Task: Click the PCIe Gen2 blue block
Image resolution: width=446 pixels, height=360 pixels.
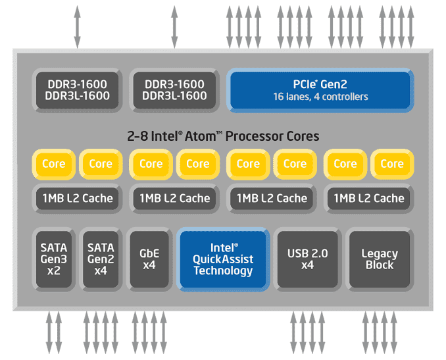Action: coord(320,90)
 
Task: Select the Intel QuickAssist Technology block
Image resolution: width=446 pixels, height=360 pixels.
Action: coord(223,259)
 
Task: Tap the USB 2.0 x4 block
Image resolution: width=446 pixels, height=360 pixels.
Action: coord(307,259)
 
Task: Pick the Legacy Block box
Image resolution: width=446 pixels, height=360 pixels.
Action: coord(379,259)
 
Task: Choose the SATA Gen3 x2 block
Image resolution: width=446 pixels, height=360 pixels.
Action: coord(54,259)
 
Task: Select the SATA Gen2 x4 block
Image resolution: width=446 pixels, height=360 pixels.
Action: coord(101,259)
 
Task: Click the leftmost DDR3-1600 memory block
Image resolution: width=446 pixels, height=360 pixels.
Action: coord(78,90)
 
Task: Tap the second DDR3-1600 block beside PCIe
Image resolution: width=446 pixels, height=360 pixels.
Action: coord(174,90)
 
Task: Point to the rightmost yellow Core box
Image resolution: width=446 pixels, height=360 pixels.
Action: coord(392,164)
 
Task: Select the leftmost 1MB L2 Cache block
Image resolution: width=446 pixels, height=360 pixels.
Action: coord(78,198)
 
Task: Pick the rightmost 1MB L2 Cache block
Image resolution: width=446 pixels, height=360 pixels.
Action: coord(368,198)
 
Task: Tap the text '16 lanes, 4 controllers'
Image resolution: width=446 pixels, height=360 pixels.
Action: coord(320,97)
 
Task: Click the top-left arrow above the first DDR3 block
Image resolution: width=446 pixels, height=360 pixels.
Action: coord(78,26)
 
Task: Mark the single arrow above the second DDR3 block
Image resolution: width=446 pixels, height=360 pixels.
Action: coord(174,26)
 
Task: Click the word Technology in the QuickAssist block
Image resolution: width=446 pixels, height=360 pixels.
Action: coord(223,270)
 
